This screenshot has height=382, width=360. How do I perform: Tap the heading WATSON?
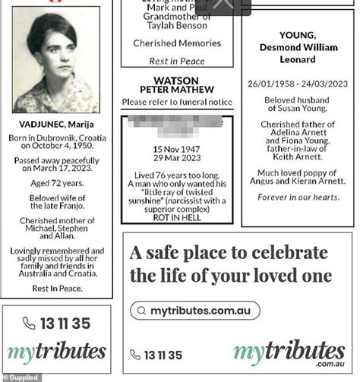(176, 81)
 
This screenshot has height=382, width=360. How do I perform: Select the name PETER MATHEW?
(176, 91)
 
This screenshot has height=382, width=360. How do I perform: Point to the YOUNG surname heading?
(297, 36)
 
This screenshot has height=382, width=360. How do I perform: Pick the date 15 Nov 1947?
(176, 148)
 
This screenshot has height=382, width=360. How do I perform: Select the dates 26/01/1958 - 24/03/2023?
(297, 84)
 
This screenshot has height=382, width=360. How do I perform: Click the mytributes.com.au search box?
(194, 311)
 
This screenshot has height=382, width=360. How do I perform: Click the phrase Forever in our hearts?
(297, 198)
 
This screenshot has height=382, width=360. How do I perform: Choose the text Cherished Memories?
(176, 43)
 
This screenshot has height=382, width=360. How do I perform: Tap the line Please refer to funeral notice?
(176, 102)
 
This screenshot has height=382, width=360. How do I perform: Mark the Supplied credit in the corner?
(21, 377)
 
